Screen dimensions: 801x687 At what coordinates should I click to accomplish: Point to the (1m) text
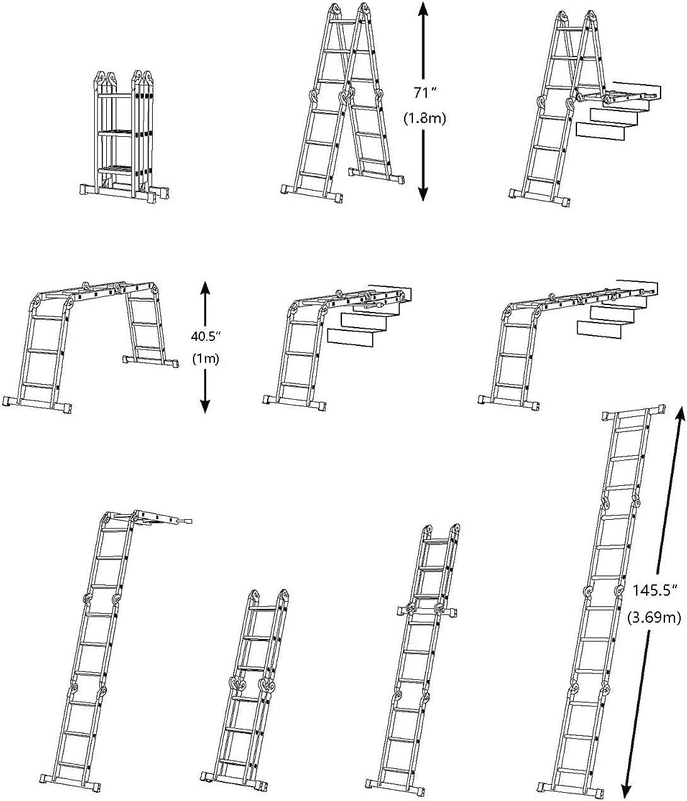pos(205,360)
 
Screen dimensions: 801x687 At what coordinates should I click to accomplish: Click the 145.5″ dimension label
pos(654,591)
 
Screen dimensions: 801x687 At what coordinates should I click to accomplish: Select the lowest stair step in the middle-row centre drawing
pos(351,337)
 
